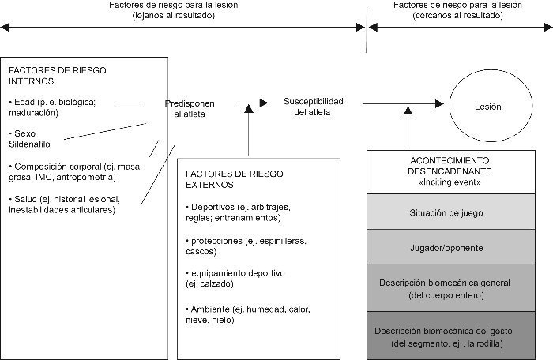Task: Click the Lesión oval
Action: coord(487,106)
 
